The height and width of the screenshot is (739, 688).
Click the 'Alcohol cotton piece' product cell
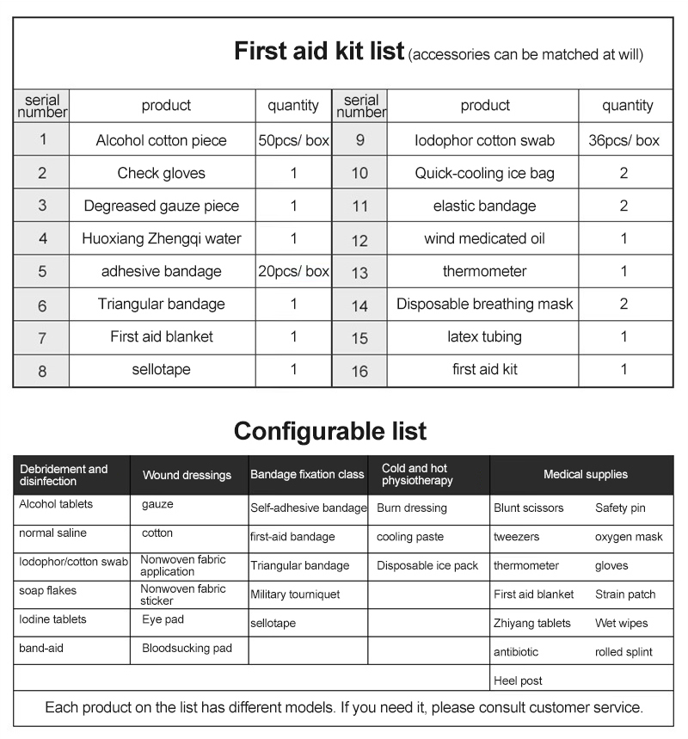coord(162,140)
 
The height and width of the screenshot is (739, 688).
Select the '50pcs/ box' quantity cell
coord(293,140)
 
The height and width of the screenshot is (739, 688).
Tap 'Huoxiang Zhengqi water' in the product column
coord(162,238)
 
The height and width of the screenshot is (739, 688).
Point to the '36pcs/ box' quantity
coord(623,140)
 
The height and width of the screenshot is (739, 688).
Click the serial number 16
coord(359,371)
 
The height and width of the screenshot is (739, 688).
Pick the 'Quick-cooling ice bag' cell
coord(484,173)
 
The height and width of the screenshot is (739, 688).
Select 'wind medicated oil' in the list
coord(484,238)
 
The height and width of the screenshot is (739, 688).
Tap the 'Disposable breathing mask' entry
coord(484,304)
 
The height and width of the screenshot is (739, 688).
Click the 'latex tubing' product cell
coord(484,336)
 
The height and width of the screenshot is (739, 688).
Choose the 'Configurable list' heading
coord(330,430)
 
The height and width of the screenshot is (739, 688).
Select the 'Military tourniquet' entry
coord(295,594)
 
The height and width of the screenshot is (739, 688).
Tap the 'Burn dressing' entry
coord(412,508)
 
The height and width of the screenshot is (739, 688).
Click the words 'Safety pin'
coord(620,508)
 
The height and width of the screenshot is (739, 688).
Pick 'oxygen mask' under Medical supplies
coord(629,537)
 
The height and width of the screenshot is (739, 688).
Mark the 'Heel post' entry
coord(518,680)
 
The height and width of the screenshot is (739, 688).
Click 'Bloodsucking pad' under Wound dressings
coord(187,648)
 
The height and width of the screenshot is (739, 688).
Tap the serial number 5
coord(41,272)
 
